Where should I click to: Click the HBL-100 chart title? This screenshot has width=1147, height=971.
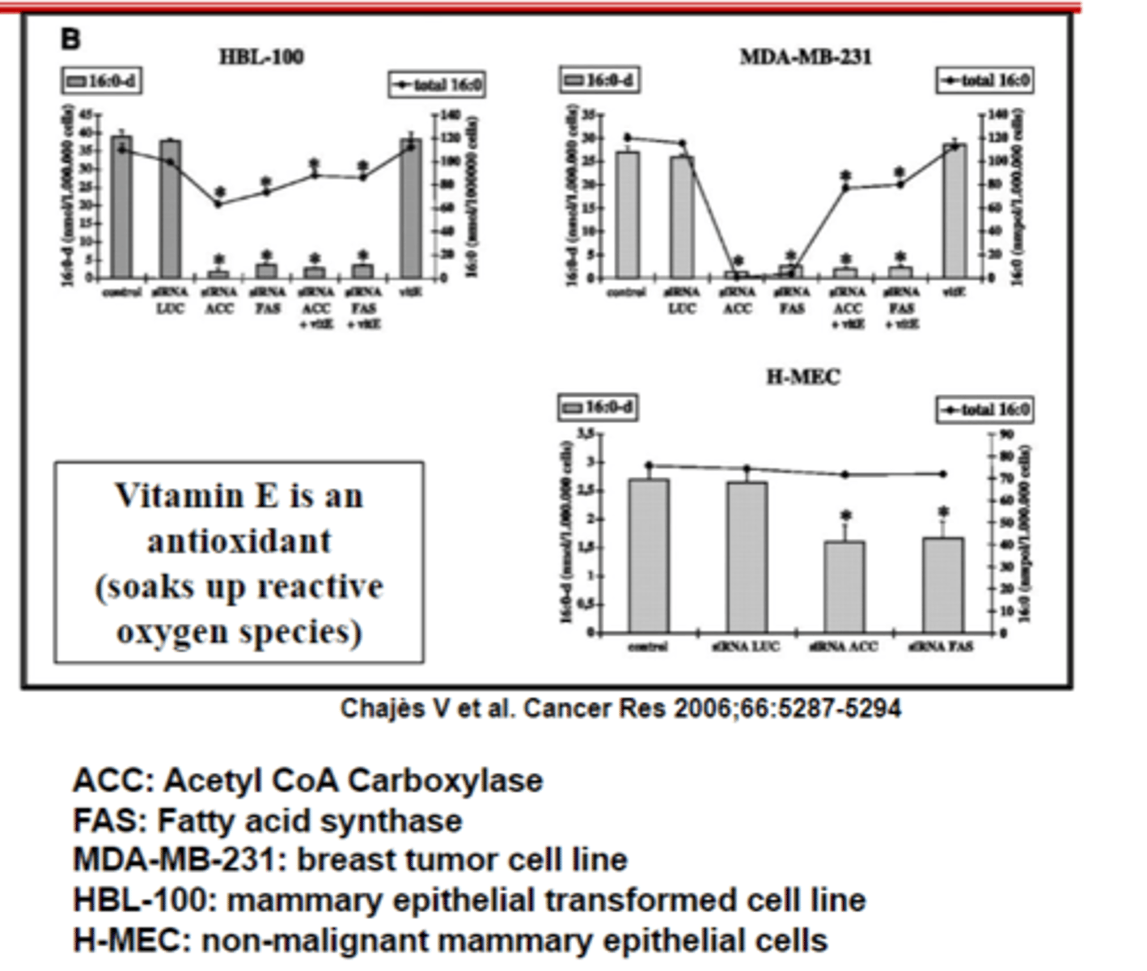coord(261,57)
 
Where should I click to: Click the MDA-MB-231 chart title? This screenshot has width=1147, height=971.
coord(806,57)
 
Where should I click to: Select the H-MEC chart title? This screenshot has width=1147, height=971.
coord(802,377)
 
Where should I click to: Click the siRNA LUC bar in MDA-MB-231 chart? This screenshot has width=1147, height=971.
coord(682,218)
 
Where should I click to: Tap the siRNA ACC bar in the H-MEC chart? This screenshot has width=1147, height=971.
coord(844,587)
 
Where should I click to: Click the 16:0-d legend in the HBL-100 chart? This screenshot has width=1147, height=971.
coord(102,81)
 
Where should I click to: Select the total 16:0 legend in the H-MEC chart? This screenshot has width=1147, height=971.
coord(984,409)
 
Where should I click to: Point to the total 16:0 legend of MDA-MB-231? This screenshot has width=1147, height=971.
coord(984,80)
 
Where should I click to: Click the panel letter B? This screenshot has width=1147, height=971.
coord(70,38)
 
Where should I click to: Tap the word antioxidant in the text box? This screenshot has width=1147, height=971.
coord(239,541)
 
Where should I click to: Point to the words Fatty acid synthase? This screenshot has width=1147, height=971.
coord(310,820)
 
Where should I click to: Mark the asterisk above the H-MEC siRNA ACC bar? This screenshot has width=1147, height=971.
coord(845,516)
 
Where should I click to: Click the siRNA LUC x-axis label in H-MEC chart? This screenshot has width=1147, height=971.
coord(746,647)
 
